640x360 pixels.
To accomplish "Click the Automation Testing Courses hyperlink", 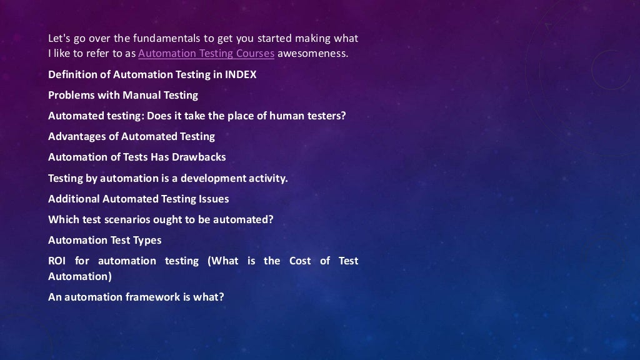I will [x=206, y=54].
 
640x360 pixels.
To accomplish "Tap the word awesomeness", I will [x=312, y=54].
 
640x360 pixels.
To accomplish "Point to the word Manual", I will [x=140, y=96].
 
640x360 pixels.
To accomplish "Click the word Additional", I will [x=73, y=199].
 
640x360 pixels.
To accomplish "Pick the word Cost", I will [x=300, y=261].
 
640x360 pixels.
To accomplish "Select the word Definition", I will [x=71, y=75].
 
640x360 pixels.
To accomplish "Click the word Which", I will [x=63, y=220].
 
